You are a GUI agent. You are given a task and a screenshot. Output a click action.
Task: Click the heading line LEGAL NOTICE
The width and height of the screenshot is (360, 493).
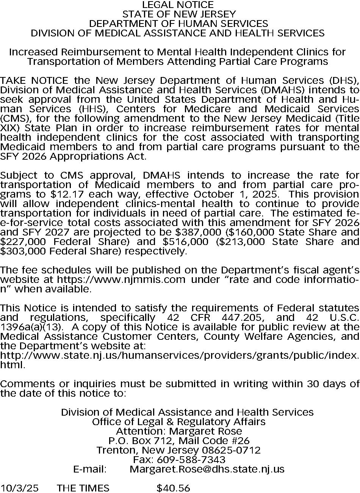click(178, 5)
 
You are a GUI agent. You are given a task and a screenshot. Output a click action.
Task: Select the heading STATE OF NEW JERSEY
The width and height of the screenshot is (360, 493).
click(179, 14)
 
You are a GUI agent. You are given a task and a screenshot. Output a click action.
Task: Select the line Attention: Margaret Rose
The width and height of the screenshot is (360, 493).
click(179, 431)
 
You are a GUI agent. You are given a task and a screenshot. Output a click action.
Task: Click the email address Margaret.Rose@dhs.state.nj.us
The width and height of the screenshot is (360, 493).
click(207, 469)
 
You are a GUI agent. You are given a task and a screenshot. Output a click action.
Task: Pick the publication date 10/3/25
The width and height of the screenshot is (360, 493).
click(19, 488)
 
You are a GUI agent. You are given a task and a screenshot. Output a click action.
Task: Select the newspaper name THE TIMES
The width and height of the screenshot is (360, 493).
click(83, 488)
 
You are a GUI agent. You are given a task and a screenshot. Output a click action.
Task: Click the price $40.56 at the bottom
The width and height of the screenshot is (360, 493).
click(173, 488)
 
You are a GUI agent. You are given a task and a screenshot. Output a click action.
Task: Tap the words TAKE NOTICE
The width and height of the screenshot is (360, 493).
click(34, 80)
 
